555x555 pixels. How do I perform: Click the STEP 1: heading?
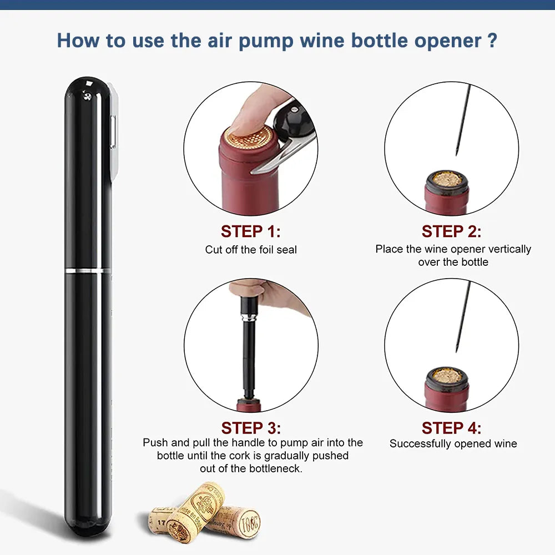251,231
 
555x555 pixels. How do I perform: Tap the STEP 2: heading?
451,231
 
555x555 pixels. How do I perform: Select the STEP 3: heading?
251,428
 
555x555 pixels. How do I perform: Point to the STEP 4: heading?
451,428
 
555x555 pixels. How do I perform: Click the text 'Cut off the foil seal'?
251,250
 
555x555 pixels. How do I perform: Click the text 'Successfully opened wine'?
453,443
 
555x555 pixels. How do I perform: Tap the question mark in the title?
491,41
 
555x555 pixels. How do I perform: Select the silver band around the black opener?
88,270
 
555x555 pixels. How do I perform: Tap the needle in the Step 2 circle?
462,119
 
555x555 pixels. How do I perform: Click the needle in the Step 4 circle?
462,316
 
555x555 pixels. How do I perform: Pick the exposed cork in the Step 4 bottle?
447,376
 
